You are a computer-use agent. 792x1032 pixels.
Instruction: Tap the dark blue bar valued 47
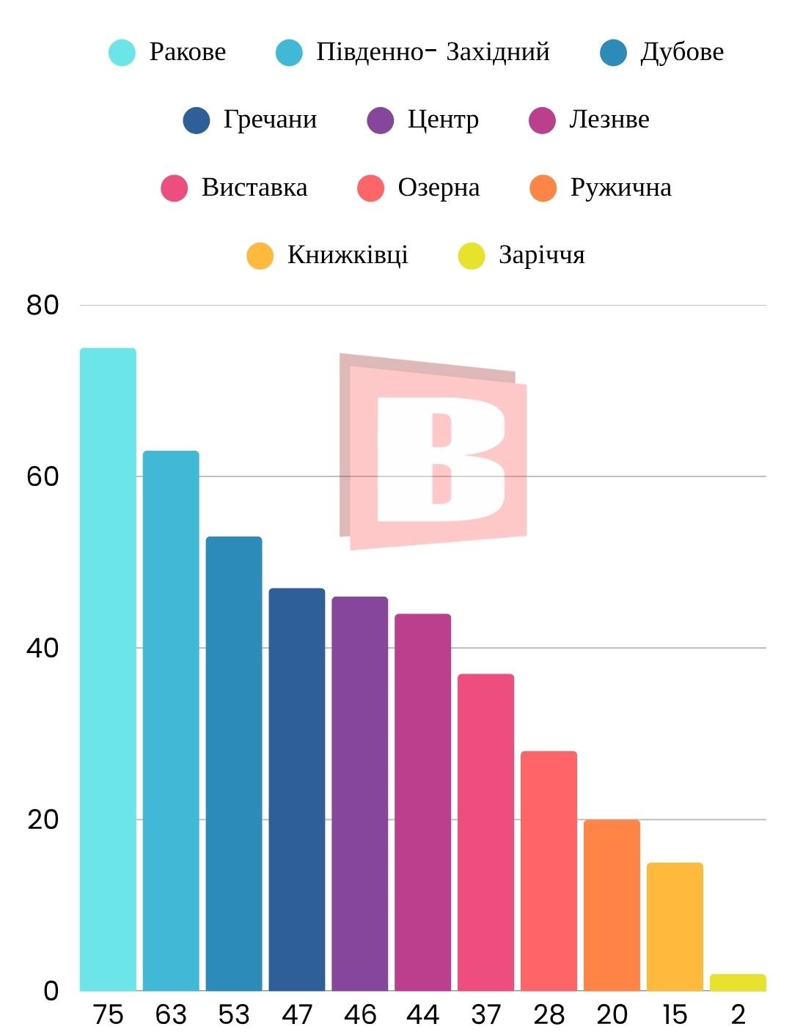pyautogui.click(x=297, y=789)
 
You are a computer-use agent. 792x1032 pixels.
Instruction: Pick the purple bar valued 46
pyautogui.click(x=360, y=794)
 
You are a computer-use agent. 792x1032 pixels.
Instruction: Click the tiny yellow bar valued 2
pyautogui.click(x=738, y=983)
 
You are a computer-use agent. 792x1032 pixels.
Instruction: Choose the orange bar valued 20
pyautogui.click(x=612, y=905)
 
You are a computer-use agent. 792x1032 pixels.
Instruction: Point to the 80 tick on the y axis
pyautogui.click(x=43, y=305)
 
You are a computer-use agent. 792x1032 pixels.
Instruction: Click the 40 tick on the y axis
pyautogui.click(x=43, y=648)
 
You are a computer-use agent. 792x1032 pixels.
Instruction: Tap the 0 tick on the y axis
pyautogui.click(x=51, y=991)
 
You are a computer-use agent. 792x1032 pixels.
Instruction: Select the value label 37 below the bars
pyautogui.click(x=485, y=1015)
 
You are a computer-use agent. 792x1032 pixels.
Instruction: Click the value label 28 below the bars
pyautogui.click(x=549, y=1015)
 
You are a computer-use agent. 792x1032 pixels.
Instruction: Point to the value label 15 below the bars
pyautogui.click(x=675, y=1015)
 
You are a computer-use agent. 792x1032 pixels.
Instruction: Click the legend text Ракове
pyautogui.click(x=187, y=52)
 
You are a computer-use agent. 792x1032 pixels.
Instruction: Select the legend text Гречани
pyautogui.click(x=270, y=119)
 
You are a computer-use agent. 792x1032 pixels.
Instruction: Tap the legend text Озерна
pyautogui.click(x=439, y=188)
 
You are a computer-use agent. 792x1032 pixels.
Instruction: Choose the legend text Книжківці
pyautogui.click(x=348, y=255)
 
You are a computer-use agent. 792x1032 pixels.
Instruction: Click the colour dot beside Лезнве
pyautogui.click(x=542, y=120)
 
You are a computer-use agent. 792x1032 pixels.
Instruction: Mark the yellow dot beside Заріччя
pyautogui.click(x=472, y=256)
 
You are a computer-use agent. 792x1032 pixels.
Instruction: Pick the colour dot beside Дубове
pyautogui.click(x=613, y=53)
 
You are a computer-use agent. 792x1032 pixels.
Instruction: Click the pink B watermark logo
pyautogui.click(x=433, y=451)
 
